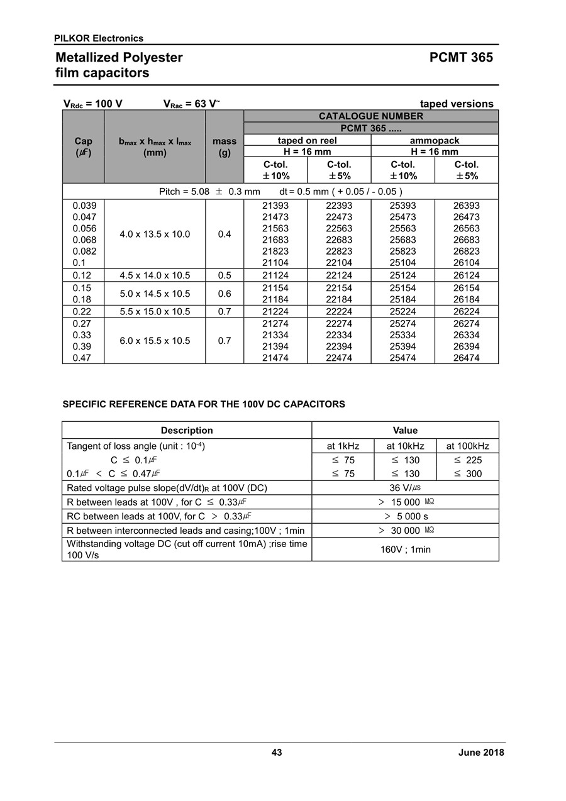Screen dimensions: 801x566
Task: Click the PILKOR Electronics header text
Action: coord(99,38)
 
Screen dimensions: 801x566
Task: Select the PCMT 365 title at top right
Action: coord(461,58)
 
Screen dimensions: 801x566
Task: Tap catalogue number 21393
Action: coord(275,206)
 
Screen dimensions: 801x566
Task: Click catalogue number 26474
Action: coord(466,358)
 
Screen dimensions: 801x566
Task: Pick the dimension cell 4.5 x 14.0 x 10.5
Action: coord(155,275)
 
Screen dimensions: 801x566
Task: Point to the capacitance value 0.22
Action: coord(83,311)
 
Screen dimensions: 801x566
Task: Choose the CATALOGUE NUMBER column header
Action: coord(370,116)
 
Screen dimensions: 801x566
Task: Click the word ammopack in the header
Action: coord(435,141)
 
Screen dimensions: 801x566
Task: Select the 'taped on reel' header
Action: coord(307,141)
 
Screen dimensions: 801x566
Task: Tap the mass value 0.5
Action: coord(224,275)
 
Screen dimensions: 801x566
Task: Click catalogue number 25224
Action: coord(402,311)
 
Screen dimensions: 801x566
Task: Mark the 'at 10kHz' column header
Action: coord(405,446)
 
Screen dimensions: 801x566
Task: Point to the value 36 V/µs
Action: coord(405,488)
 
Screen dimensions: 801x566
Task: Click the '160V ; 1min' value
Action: coord(405,549)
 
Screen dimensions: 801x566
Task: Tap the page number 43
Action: coord(277,753)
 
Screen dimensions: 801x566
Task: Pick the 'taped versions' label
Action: coord(457,104)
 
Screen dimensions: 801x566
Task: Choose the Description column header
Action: coord(187,431)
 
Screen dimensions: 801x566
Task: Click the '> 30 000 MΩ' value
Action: coord(405,531)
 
